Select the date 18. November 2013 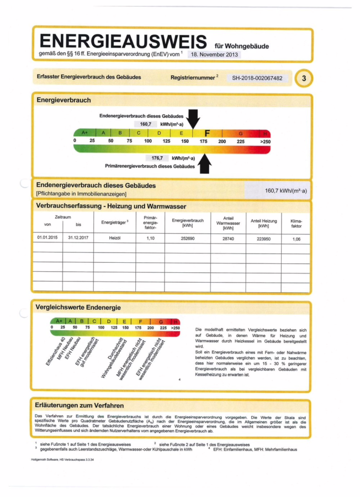pyautogui.click(x=214, y=55)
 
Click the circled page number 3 pyautogui.click(x=303, y=79)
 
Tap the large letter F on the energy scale pyautogui.click(x=207, y=133)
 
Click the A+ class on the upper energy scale pyautogui.click(x=84, y=133)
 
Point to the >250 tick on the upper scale pyautogui.click(x=265, y=142)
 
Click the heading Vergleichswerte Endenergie pyautogui.click(x=78, y=307)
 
